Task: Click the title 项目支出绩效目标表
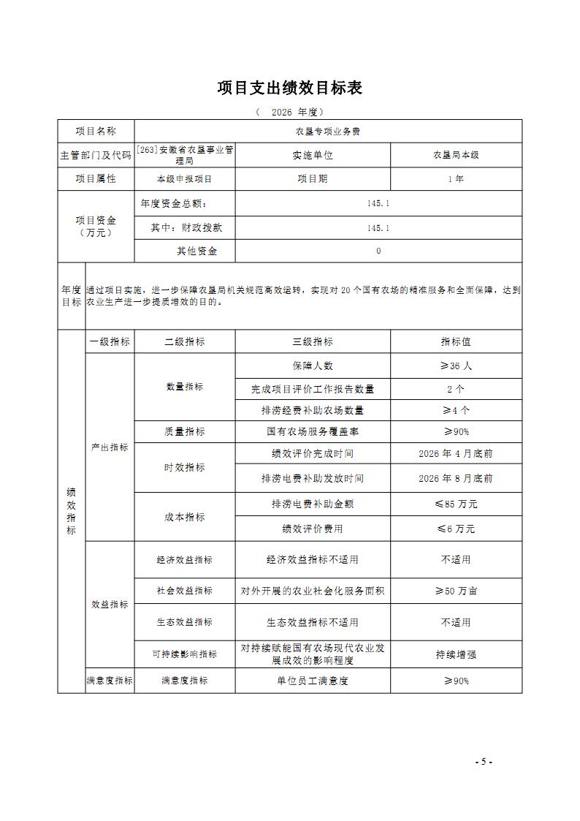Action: click(290, 88)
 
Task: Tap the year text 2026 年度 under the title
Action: click(290, 112)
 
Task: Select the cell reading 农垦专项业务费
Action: click(328, 132)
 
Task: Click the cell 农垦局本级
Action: click(456, 155)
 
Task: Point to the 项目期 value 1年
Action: click(456, 179)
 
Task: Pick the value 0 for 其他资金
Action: click(378, 251)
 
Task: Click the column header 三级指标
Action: click(313, 341)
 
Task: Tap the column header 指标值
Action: click(456, 341)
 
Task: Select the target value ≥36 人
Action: click(456, 366)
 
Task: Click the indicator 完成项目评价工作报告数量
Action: click(313, 390)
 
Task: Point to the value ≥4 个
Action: click(456, 410)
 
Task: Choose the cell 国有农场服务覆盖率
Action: click(313, 431)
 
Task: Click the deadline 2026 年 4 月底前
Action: click(456, 453)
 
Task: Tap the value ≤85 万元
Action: click(456, 504)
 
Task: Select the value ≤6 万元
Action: click(456, 529)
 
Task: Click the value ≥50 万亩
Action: click(456, 591)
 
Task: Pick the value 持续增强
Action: click(456, 654)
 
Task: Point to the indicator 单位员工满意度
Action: click(313, 681)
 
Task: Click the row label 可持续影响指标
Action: click(185, 654)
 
